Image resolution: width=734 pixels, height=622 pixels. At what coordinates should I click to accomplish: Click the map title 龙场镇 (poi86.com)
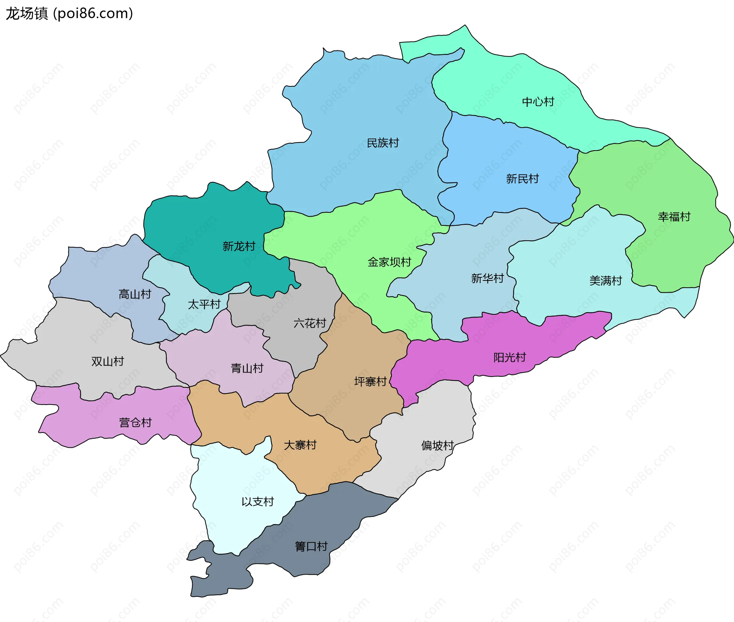click(69, 13)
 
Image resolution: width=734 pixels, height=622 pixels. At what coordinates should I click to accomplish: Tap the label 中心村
click(538, 102)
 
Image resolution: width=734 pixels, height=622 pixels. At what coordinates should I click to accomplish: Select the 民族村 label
click(383, 143)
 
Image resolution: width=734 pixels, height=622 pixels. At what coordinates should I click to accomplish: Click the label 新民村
click(522, 178)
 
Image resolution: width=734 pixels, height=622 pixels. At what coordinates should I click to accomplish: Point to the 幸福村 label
click(674, 217)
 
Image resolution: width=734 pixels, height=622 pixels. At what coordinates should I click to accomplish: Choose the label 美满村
click(606, 280)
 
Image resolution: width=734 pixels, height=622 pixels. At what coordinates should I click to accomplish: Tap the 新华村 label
click(487, 278)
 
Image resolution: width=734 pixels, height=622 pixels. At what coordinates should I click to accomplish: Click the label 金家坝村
click(389, 262)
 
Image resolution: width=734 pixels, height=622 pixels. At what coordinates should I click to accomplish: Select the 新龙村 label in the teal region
click(239, 246)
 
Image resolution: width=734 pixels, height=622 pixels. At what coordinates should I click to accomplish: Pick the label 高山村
click(135, 294)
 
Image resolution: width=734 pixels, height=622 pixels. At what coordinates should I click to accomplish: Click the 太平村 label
click(204, 304)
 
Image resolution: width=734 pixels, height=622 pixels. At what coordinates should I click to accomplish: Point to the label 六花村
click(310, 323)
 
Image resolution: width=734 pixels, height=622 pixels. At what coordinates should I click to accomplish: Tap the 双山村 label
click(108, 361)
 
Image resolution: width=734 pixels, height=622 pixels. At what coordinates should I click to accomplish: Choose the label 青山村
click(247, 368)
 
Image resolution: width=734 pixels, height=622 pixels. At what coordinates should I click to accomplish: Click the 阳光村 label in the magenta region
click(510, 357)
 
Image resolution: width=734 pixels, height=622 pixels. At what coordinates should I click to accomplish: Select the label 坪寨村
click(370, 381)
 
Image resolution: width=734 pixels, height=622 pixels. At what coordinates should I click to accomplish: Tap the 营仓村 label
click(135, 422)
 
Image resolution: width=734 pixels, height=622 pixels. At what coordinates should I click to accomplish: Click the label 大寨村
click(300, 445)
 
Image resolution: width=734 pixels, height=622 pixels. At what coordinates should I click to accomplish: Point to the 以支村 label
click(258, 501)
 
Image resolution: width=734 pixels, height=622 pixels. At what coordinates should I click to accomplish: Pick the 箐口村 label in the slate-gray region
click(311, 546)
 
